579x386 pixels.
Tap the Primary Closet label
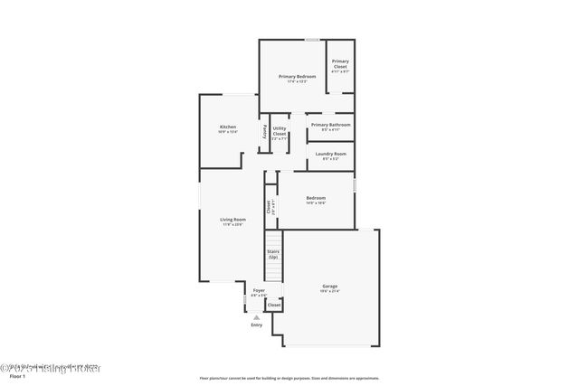pos(340,63)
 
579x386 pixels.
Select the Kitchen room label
pos(227,127)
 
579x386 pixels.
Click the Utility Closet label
pos(280,131)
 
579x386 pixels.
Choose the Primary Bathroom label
pos(330,125)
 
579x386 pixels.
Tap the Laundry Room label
pos(330,154)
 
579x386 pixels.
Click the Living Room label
pos(233,220)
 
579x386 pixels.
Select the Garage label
pos(329,286)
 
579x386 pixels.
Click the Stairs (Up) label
pos(272,255)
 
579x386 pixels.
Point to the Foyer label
pos(259,290)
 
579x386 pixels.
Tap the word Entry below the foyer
pos(257,325)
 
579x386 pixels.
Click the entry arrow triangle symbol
pos(257,317)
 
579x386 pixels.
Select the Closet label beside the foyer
pos(274,306)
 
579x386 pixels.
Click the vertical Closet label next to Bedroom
pos(270,206)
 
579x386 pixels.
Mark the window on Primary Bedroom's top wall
pos(311,40)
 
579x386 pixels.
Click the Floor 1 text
pos(17,378)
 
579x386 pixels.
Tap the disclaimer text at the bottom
pos(289,378)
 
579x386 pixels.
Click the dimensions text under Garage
pos(329,291)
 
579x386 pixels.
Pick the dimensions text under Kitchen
pos(227,132)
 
